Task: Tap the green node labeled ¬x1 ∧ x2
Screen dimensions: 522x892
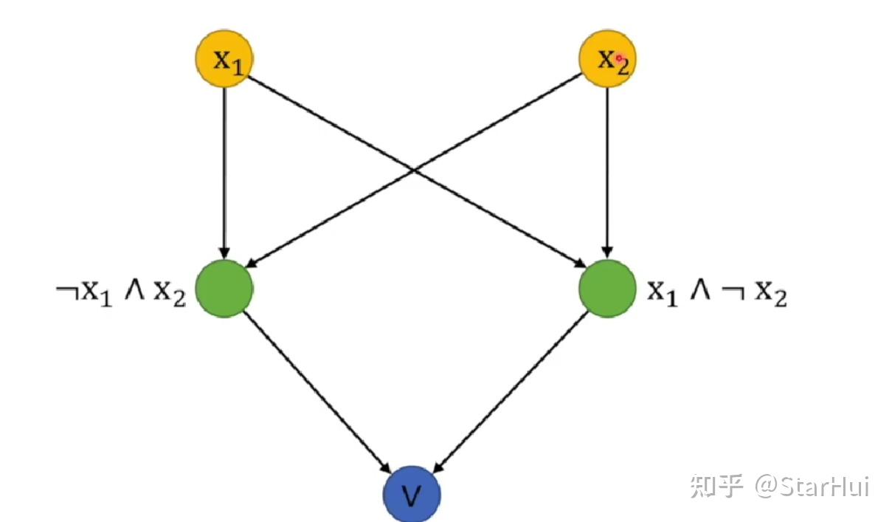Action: click(224, 289)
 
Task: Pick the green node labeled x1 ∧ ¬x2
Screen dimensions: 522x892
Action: click(606, 289)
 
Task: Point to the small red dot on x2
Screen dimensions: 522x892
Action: click(620, 58)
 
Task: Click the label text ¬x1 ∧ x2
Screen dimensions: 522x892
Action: click(121, 293)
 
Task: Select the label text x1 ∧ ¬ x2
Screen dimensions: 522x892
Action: click(717, 293)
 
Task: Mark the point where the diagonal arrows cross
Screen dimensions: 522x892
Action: click(415, 171)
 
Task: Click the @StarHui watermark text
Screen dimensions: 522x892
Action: click(812, 487)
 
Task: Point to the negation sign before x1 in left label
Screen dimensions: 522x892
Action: click(67, 289)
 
